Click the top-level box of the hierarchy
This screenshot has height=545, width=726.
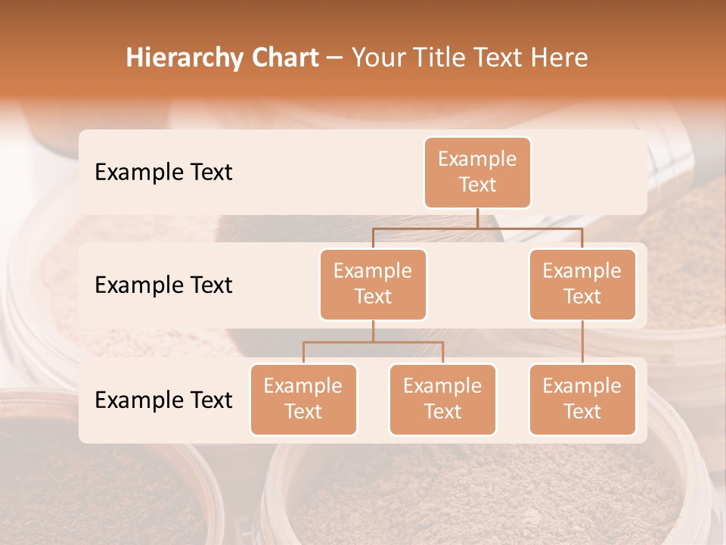click(x=477, y=172)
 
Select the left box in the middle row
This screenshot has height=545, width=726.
click(x=373, y=284)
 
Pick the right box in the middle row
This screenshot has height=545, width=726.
click(x=582, y=284)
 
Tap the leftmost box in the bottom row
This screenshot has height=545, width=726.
click(x=303, y=399)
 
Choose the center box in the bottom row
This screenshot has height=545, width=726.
click(x=442, y=399)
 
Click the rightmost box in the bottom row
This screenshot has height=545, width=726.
click(x=582, y=399)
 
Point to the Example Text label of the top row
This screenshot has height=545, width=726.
click(x=163, y=173)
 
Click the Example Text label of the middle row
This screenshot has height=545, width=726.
click(x=163, y=285)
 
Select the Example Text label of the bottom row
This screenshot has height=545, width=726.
click(x=163, y=400)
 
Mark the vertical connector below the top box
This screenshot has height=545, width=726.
click(x=477, y=218)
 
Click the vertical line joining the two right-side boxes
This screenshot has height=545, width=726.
click(x=582, y=342)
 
